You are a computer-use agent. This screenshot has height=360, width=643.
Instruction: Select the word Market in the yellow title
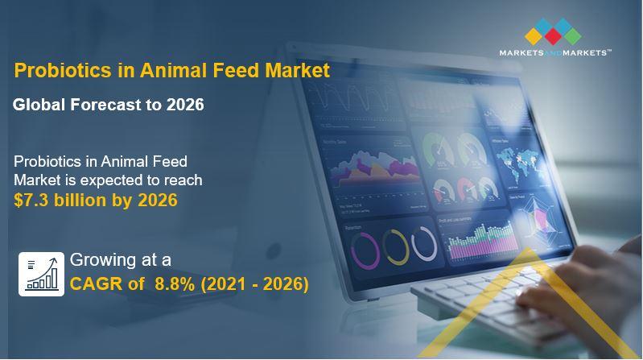point(298,70)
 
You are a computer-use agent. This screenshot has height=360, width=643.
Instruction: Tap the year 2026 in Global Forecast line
point(185,105)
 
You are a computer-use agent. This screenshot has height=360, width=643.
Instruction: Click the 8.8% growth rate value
point(175,283)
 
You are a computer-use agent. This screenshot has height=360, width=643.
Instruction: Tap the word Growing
point(103,261)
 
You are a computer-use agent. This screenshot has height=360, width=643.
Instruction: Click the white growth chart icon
point(41,274)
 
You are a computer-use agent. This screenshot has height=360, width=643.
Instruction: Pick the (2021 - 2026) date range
point(254,284)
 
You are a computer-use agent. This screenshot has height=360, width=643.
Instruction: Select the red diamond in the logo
point(553,36)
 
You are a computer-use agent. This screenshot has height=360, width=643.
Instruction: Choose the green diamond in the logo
point(572,36)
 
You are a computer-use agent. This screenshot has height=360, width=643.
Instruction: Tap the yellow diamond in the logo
point(534,36)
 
